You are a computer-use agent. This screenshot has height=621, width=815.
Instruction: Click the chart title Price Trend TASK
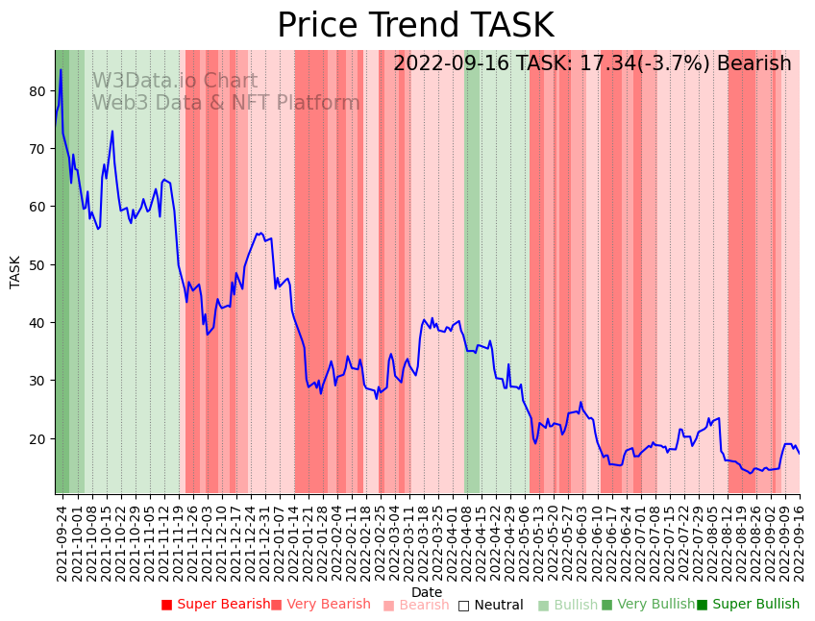click(x=415, y=26)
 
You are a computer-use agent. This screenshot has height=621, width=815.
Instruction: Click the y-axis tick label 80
click(x=37, y=91)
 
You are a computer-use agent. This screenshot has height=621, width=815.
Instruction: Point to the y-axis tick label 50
click(x=37, y=264)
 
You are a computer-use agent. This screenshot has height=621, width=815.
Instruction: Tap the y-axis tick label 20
click(x=37, y=438)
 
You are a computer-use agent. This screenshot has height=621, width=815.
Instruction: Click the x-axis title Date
click(x=427, y=592)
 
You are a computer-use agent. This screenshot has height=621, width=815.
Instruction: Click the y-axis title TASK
click(x=15, y=271)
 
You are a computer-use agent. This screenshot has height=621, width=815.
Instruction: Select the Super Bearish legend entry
click(x=216, y=605)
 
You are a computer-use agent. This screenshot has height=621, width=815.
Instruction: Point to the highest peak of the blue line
click(x=61, y=69)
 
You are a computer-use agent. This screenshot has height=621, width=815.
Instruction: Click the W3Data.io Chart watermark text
click(x=175, y=82)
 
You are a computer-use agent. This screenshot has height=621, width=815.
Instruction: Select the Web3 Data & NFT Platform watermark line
click(x=226, y=103)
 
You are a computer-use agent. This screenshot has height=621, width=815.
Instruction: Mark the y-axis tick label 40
click(x=37, y=322)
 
